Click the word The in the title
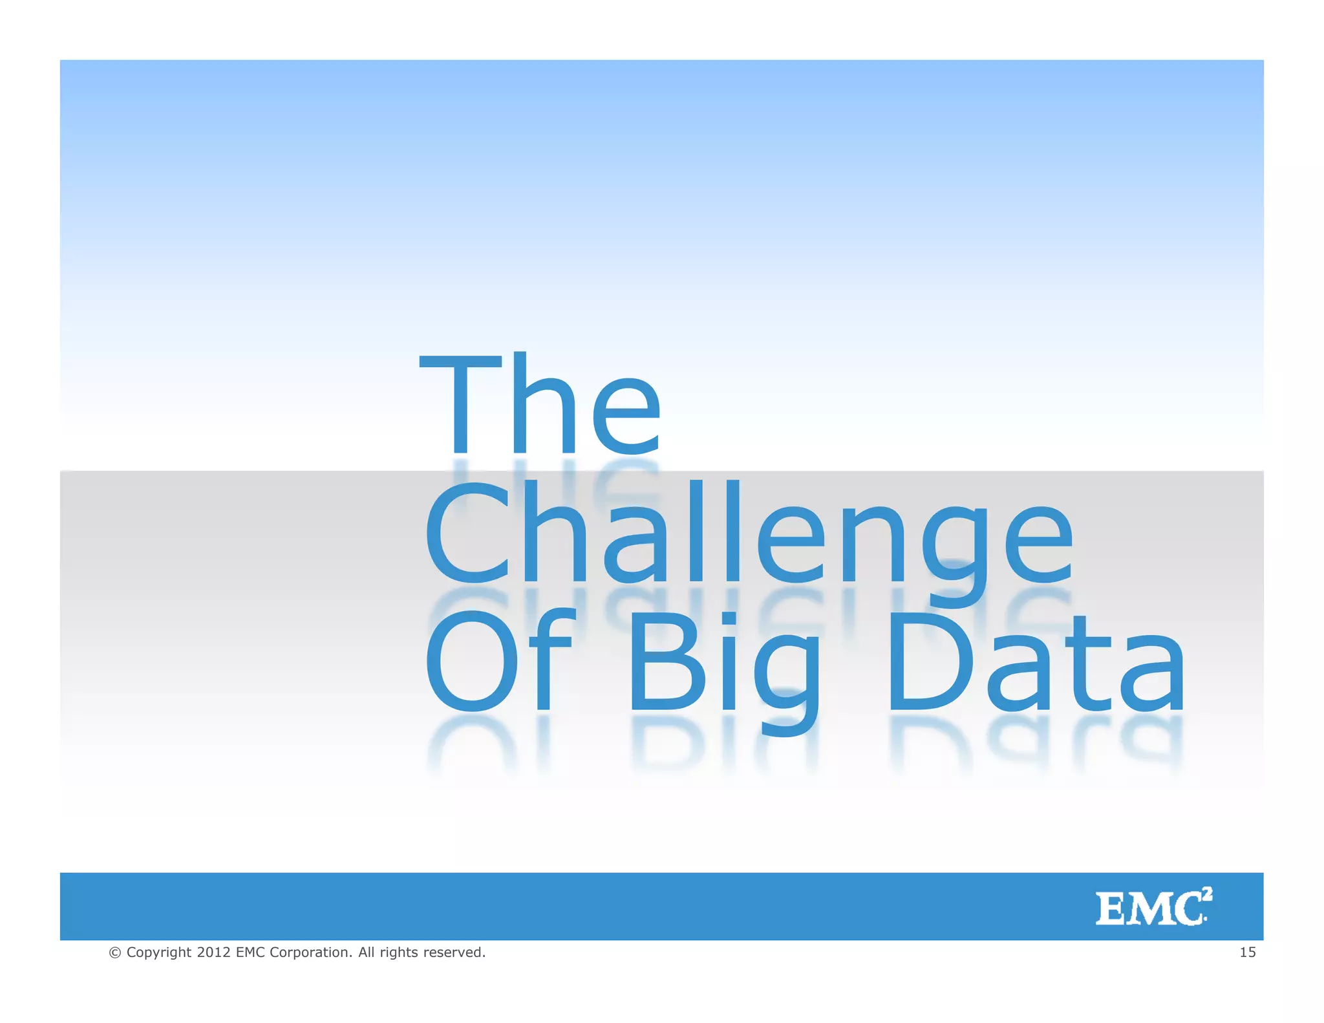pos(540,404)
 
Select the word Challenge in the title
pos(749,534)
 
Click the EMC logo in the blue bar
pos(1153,907)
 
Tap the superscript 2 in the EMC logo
pos(1207,894)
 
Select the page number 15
pos(1247,952)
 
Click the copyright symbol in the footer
pos(115,953)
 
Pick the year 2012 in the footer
pos(213,952)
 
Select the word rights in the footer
pos(398,953)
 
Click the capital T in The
pos(460,404)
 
